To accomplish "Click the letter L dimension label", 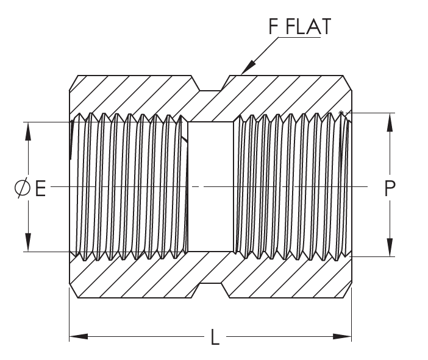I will [x=215, y=337].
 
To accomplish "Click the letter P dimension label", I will [x=390, y=189].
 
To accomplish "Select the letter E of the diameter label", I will [x=40, y=189].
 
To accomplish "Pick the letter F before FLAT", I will [x=274, y=27].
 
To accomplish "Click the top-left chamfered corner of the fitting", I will [x=73, y=81].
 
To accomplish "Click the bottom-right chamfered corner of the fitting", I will [x=348, y=292].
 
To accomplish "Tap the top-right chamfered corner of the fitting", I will [x=348, y=81].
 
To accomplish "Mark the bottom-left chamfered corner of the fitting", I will [x=73, y=292].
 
